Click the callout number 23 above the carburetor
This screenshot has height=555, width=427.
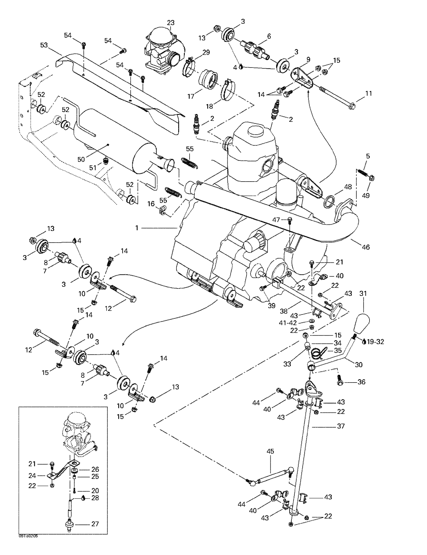pos(171,23)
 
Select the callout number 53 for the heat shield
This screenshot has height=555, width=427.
pos(44,45)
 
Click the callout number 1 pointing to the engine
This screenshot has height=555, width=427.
pos(137,228)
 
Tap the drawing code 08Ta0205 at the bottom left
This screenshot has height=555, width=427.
pos(28,536)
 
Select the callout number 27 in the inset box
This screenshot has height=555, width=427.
pos(95,524)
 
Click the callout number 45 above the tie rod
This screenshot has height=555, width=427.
pos(270,451)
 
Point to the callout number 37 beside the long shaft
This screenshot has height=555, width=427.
pos(341,426)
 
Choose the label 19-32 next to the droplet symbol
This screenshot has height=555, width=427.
pos(375,341)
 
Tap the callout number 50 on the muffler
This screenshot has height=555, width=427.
pos(81,159)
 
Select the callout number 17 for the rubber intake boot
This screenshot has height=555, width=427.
pos(191,96)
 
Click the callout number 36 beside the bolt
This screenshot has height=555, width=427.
pos(361,382)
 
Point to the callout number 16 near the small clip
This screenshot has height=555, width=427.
pos(151,204)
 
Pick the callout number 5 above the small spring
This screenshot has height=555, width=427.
pos(368,156)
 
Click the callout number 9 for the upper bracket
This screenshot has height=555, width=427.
pos(308,60)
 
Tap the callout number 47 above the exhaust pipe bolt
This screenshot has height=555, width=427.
pos(276,219)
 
